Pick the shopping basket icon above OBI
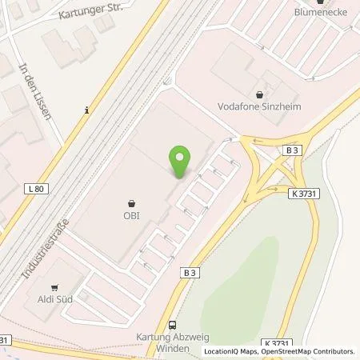pos(132,202)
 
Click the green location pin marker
pos(181,162)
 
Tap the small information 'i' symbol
pos(85,111)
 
